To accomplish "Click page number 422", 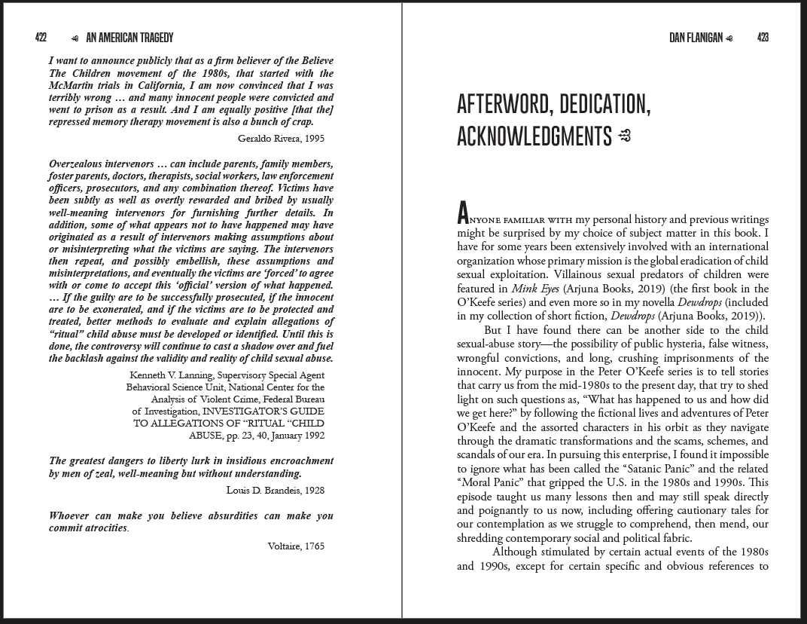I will point(41,38).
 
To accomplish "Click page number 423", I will point(763,38).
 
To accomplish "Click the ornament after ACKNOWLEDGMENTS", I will point(624,136).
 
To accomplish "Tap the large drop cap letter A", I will point(464,214).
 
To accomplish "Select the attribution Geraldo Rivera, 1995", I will point(281,138).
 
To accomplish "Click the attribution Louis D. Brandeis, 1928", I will point(276,490).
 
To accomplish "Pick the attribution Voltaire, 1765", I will point(296,546).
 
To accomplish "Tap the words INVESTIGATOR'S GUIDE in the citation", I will point(271,411).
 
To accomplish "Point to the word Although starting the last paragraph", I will point(516,552).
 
